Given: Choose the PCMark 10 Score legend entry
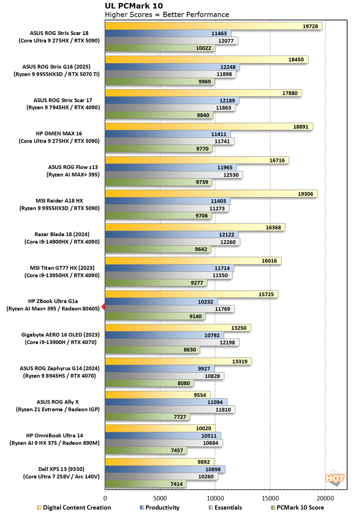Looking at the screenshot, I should pos(302,507).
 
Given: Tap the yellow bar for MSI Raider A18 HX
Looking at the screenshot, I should pos(211,193).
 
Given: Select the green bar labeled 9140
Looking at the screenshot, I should pos(155,316).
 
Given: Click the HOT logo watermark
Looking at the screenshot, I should pos(334,478).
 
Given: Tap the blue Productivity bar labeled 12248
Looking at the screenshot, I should pos(172,67).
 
